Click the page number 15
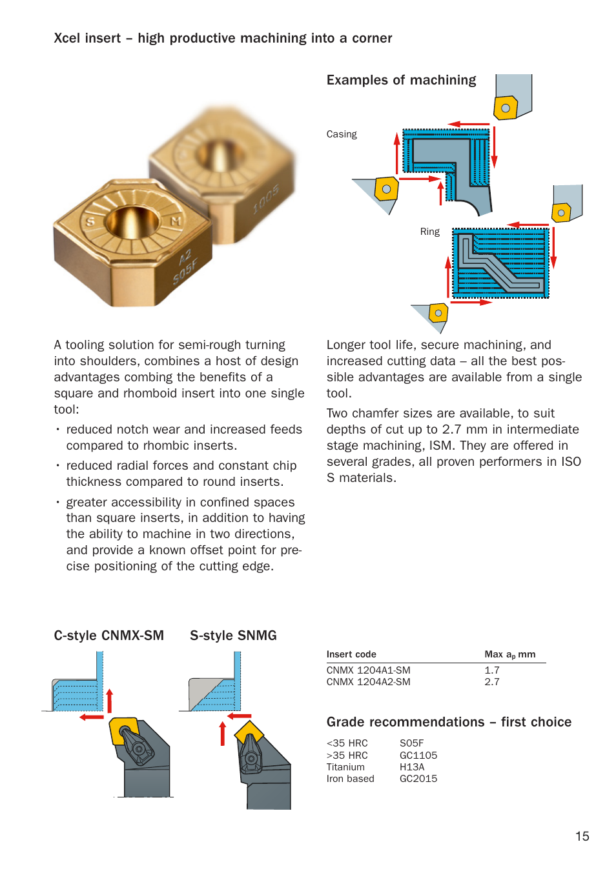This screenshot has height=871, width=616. coord(582,836)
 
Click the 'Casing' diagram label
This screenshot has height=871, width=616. coord(342,134)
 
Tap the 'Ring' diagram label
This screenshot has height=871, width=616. coord(429,232)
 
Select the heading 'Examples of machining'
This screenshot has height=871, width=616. coord(401,80)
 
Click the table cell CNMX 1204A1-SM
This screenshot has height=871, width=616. coord(368,670)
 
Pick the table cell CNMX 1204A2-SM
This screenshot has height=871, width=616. coord(368,682)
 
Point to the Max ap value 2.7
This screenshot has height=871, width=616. coord(492,682)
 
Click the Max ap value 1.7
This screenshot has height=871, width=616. coord(492,670)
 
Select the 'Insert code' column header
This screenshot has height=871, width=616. coord(351,654)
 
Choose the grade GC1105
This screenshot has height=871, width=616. coord(418,756)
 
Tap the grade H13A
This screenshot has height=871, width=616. coord(412,767)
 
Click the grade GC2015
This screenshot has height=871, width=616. coord(418,779)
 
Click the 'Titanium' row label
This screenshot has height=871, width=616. coord(345,767)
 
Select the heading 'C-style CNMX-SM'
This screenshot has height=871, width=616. coord(108,636)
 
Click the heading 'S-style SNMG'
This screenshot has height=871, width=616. coord(233,636)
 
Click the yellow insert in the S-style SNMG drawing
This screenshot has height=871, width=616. coord(249,732)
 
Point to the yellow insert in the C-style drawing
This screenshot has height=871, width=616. coord(125,730)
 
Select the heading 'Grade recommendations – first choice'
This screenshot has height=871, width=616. coord(449,722)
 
